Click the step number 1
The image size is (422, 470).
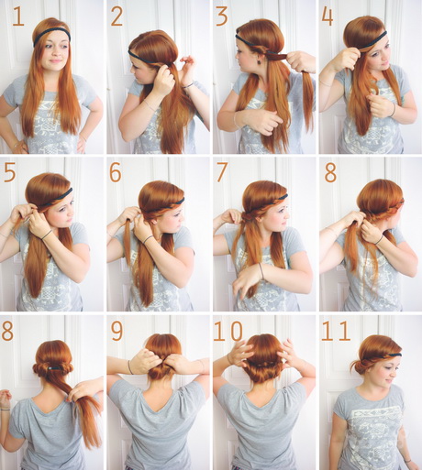pyautogui.click(x=18, y=17)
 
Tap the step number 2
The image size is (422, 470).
pyautogui.click(x=117, y=17)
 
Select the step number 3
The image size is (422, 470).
pyautogui.click(x=222, y=17)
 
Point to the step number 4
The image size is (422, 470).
pyautogui.click(x=328, y=17)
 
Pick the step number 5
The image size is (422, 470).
pyautogui.click(x=10, y=173)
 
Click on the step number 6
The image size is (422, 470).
pyautogui.click(x=116, y=173)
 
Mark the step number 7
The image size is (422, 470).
pyautogui.click(x=221, y=173)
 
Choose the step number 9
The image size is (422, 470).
pyautogui.click(x=117, y=332)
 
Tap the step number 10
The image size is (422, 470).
pyautogui.click(x=228, y=332)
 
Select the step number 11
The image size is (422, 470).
pyautogui.click(x=336, y=332)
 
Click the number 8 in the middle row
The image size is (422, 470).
pyautogui.click(x=330, y=173)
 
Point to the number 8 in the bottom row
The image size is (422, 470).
pyautogui.click(x=7, y=332)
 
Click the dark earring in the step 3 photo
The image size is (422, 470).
pyautogui.click(x=261, y=60)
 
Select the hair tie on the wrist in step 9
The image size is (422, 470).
pyautogui.click(x=130, y=367)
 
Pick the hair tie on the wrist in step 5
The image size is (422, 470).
pyautogui.click(x=47, y=235)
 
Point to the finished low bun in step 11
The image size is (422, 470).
pyautogui.click(x=356, y=365)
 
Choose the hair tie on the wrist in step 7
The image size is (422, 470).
pyautogui.click(x=261, y=270)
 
